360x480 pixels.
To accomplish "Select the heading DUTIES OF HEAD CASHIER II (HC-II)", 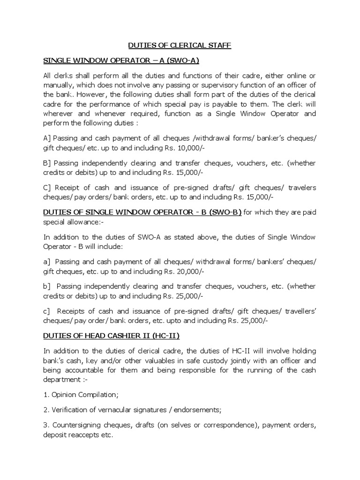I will (111, 336).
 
